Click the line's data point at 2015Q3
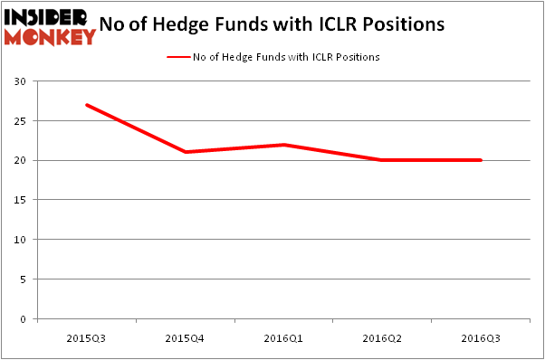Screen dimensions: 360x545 tap(86, 105)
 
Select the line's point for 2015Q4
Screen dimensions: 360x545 tap(185, 152)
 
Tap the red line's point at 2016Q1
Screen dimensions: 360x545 tap(283, 145)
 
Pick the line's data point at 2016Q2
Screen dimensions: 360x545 tap(382, 160)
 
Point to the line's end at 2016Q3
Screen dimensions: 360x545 tap(481, 160)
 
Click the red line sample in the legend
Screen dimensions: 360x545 tap(177, 57)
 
